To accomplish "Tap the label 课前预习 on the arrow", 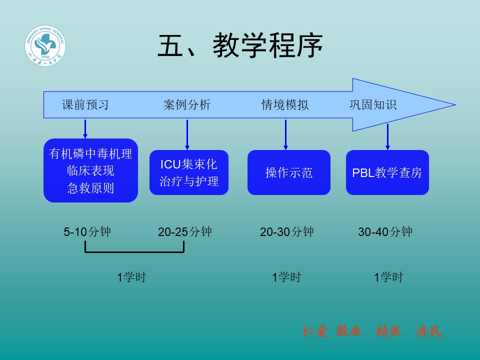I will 85,105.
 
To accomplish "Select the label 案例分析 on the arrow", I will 187,105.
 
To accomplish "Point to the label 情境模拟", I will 285,105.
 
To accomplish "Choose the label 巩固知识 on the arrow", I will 372,105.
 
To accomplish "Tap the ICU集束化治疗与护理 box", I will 189,172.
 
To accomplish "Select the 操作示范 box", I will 289,172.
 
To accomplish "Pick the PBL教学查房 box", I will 387,172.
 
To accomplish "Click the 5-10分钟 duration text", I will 87,232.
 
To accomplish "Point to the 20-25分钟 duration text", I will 185,232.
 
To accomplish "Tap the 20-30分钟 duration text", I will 287,232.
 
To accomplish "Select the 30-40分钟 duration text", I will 385,232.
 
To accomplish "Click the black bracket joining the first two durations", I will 134,251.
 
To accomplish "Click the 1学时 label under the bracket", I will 131,277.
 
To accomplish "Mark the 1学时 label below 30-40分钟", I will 388,277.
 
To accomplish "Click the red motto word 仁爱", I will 315,331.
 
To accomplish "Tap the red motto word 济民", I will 429,331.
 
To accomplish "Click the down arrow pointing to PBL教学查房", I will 387,136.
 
